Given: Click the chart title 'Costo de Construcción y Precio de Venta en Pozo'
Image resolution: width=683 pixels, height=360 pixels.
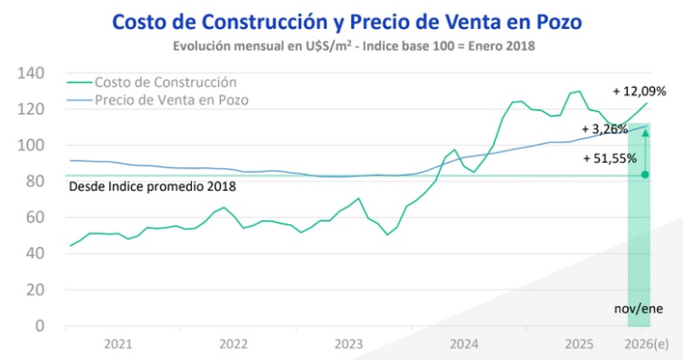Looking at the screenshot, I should (x=341, y=21).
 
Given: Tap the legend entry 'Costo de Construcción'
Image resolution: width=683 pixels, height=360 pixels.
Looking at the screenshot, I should (x=165, y=82).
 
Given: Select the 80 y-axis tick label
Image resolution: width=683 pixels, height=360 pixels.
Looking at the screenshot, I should (x=35, y=181).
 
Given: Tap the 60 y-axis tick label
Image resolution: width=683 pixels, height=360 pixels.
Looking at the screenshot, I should (x=35, y=218).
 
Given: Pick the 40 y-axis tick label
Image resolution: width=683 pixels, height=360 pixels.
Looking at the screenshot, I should (x=35, y=253).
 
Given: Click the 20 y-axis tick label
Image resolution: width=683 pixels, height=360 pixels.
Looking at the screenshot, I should (x=35, y=290).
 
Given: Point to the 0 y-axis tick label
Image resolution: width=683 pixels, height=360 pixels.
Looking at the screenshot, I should (x=39, y=325).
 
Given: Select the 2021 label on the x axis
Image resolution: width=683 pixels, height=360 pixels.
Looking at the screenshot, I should (x=117, y=344).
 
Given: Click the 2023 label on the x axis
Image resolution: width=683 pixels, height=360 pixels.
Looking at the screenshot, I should (x=348, y=344).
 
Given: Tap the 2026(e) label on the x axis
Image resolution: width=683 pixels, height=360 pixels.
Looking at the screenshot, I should (x=647, y=344).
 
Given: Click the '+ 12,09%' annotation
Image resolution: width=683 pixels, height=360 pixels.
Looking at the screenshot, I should (x=638, y=92).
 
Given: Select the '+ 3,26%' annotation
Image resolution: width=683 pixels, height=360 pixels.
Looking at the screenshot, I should (x=603, y=129).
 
